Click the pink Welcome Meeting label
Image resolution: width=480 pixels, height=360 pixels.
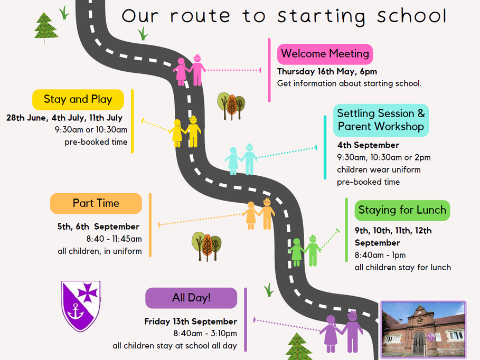(x=325, y=54)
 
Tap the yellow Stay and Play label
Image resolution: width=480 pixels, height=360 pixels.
(x=78, y=99)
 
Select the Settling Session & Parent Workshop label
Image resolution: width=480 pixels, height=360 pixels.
(x=381, y=120)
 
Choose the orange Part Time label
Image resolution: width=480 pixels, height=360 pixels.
(x=96, y=203)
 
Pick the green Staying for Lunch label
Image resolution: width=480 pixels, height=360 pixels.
(x=402, y=210)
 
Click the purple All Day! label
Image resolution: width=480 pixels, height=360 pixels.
(x=191, y=298)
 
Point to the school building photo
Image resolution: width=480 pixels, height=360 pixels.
(x=423, y=329)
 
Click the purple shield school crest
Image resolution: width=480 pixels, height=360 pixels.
(x=81, y=306)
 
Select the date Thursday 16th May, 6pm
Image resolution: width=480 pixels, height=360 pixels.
(x=327, y=72)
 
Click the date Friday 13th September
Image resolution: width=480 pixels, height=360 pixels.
(x=191, y=321)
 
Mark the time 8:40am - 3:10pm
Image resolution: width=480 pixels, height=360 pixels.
(x=205, y=334)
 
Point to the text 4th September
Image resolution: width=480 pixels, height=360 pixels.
(x=368, y=145)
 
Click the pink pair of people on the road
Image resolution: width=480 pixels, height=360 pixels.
(x=189, y=70)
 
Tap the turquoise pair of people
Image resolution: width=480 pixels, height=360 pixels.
(x=241, y=159)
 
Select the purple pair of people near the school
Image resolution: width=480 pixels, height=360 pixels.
(x=341, y=332)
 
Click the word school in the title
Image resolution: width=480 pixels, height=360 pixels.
(x=411, y=16)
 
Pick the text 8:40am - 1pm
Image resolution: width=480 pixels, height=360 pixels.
(x=380, y=255)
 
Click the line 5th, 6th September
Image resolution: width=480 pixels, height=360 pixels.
(x=98, y=226)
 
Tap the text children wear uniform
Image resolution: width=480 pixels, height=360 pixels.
(x=379, y=169)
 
